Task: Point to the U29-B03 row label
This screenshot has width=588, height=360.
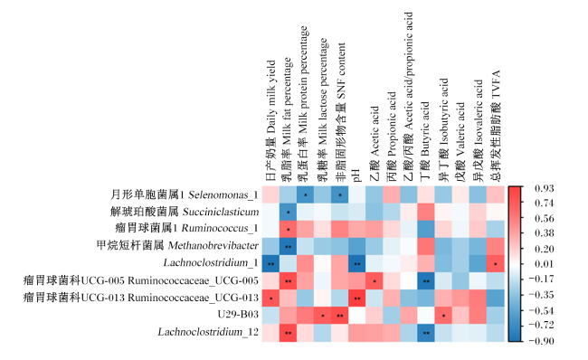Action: [238, 314]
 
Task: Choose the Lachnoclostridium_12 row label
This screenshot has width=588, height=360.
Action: [208, 332]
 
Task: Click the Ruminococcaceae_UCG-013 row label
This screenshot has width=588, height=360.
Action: [141, 298]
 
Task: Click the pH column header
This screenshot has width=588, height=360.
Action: [356, 175]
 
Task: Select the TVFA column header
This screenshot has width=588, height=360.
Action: [496, 126]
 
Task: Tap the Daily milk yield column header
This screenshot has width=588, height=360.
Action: [270, 121]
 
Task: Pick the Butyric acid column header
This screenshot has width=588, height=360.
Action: [425, 142]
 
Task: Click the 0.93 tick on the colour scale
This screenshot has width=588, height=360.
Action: [544, 188]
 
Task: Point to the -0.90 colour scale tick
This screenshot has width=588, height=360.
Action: [541, 341]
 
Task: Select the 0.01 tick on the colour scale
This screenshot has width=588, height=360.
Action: [544, 264]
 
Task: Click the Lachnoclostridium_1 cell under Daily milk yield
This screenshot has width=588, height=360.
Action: [270, 263]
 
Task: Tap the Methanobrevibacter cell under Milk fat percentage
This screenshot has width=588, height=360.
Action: [288, 246]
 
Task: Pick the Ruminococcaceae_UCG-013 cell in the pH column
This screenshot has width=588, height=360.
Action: [357, 298]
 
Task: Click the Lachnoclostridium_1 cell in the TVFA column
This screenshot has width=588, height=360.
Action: [496, 263]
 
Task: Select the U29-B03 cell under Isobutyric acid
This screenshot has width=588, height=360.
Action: [443, 315]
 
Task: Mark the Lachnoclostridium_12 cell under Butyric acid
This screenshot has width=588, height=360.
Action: [426, 332]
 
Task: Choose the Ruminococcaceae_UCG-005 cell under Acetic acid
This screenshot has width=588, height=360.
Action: [375, 280]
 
